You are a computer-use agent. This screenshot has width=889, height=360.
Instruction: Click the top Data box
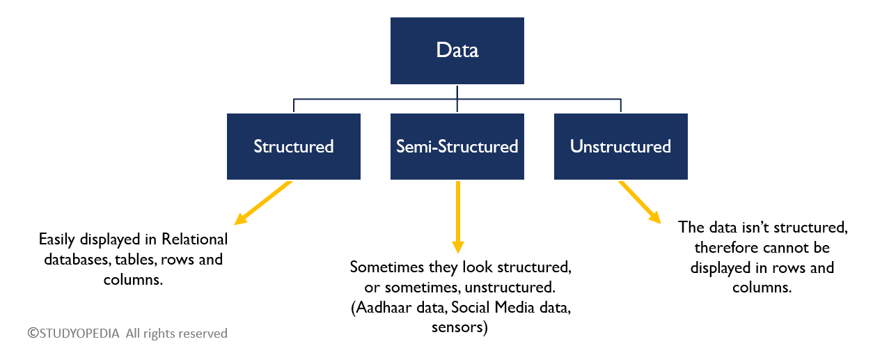coord(457,50)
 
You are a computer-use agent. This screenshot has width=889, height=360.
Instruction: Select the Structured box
coord(294,146)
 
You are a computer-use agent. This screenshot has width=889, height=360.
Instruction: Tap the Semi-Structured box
coord(457,146)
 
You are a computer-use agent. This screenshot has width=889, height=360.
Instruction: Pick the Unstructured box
coord(621,146)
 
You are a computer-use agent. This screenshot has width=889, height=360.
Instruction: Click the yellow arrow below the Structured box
coord(263,203)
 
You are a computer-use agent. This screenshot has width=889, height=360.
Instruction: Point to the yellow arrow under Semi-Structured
coord(458,217)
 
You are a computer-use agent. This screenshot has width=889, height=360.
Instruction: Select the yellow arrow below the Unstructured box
coord(640,203)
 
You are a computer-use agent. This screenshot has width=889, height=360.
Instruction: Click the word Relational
coord(194,240)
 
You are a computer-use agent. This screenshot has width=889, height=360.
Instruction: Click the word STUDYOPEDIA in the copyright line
coord(79,334)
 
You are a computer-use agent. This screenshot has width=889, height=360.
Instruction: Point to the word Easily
coord(57,240)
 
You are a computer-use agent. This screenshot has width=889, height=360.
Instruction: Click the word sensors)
coord(459,327)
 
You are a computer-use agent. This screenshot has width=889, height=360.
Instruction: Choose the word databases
coord(77,260)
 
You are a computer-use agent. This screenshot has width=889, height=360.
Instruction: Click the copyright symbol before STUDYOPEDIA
coord(33,333)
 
